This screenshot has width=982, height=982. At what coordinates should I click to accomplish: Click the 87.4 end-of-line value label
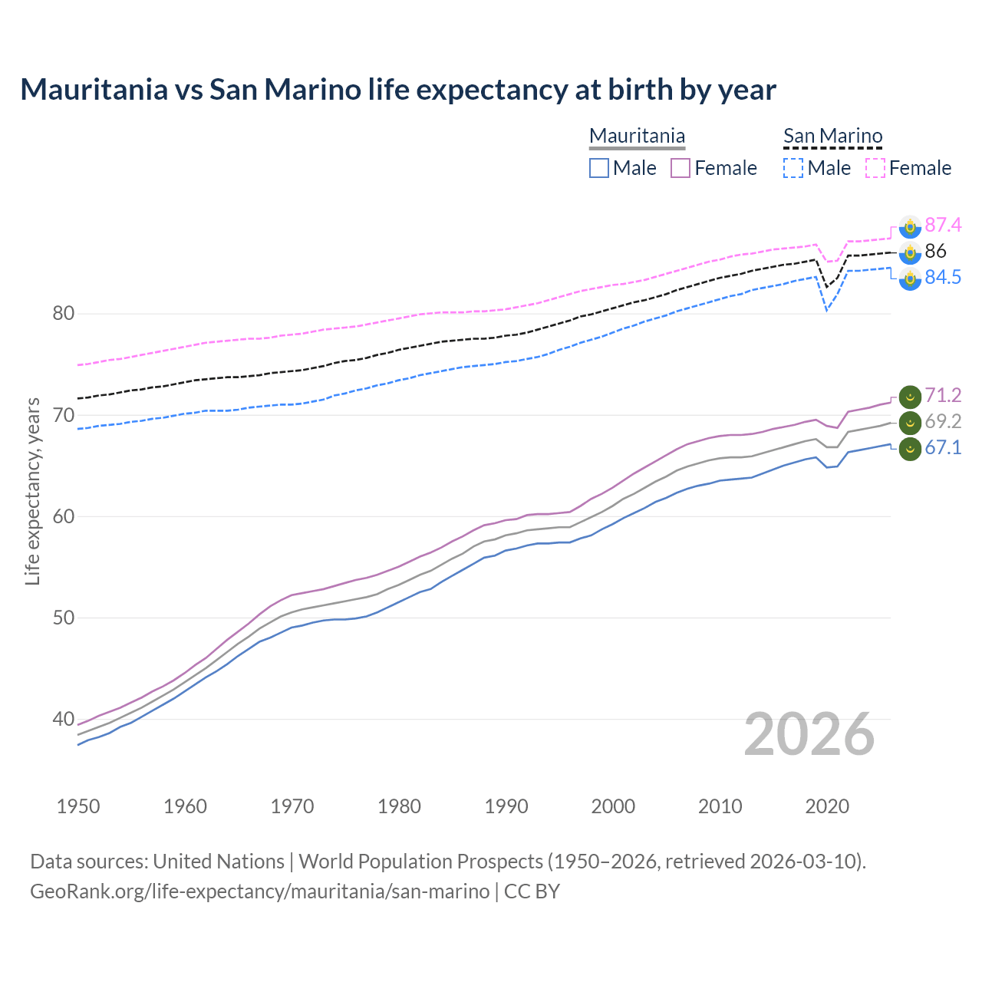click(x=942, y=225)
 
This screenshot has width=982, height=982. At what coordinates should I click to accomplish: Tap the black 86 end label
click(x=935, y=251)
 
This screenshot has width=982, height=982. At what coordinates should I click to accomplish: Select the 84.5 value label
click(x=942, y=277)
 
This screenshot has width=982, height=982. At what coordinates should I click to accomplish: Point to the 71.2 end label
click(x=942, y=395)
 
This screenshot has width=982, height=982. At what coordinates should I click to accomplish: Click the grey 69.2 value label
click(x=942, y=421)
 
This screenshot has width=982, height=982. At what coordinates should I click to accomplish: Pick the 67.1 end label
click(x=942, y=447)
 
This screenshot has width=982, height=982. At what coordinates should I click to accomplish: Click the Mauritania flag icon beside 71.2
click(x=910, y=397)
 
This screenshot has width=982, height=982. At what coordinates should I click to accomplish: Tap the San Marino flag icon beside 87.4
click(x=910, y=226)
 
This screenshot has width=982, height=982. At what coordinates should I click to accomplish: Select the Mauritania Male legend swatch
click(x=599, y=168)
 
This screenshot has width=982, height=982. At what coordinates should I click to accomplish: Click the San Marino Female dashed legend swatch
click(x=875, y=168)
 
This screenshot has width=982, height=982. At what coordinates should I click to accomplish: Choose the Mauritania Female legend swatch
click(x=680, y=168)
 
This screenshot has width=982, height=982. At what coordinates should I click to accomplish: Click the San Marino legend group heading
click(x=832, y=137)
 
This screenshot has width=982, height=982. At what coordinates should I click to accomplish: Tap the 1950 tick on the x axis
click(x=78, y=806)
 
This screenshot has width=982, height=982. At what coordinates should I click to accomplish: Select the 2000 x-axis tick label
click(x=613, y=806)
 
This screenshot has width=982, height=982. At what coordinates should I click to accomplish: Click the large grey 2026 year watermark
click(x=809, y=734)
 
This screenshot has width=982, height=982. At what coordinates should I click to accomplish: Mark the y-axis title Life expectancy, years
click(x=32, y=491)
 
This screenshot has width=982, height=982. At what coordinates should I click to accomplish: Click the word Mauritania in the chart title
click(x=94, y=90)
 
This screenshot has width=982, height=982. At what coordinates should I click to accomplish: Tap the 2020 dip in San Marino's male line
click(x=826, y=310)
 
